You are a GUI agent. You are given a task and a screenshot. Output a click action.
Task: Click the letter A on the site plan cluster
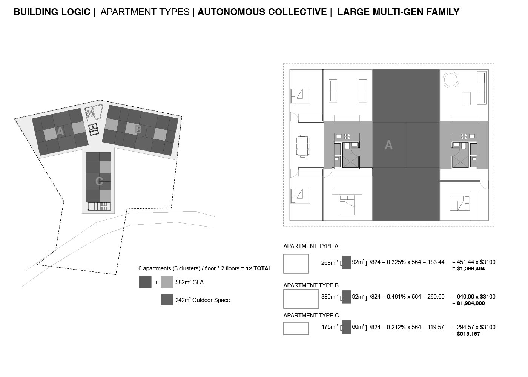click(60, 131)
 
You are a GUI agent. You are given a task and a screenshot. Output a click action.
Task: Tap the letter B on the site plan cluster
click(138, 130)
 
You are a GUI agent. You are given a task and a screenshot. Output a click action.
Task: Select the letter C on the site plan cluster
click(99, 181)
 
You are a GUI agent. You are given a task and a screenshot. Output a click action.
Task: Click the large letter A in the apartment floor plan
click(388, 144)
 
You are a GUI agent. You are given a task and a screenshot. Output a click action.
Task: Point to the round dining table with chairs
click(450, 80)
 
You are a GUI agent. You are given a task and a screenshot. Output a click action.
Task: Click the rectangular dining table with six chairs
click(302, 146)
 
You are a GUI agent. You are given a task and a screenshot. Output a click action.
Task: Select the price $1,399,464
click(471, 268)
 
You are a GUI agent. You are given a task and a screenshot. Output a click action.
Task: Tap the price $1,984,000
click(471, 303)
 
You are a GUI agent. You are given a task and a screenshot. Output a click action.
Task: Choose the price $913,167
click(468, 334)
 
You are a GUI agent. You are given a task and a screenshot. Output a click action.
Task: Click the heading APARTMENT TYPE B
click(311, 285)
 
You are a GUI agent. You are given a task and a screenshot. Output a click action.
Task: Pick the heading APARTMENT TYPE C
click(311, 316)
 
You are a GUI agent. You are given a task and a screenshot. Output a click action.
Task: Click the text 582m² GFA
click(189, 282)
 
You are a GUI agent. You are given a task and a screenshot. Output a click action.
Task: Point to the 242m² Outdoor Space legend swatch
click(167, 299)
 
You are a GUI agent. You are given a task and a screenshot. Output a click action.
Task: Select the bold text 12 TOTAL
click(259, 268)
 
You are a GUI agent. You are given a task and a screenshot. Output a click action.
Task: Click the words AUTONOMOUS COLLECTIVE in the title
click(262, 12)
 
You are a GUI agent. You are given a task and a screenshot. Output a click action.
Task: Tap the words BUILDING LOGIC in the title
click(52, 12)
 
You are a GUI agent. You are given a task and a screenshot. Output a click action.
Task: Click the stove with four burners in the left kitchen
click(347, 136)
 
